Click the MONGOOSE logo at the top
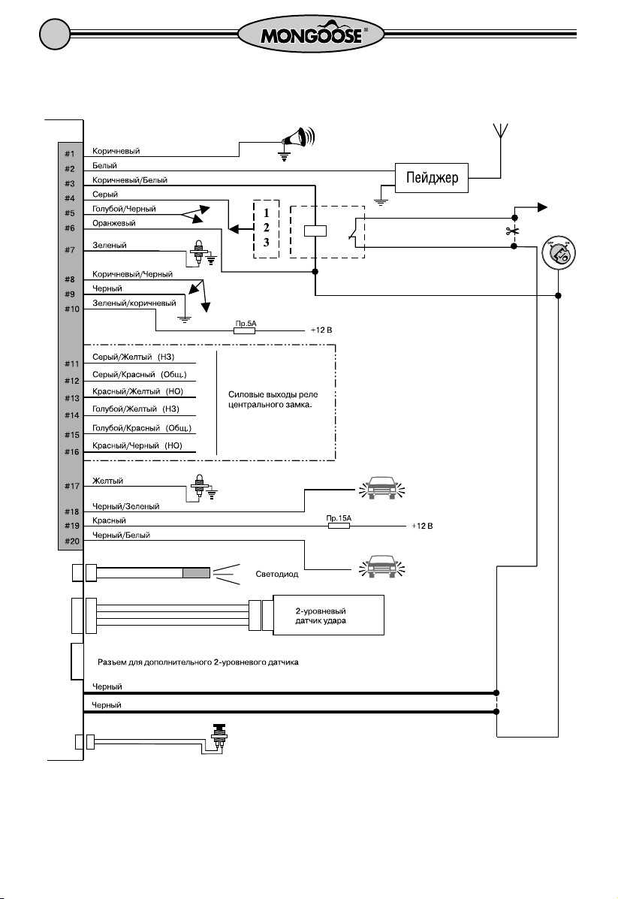pos(312,35)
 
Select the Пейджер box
pos(432,178)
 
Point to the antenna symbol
pos(500,131)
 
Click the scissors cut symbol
pos(512,231)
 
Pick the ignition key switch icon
pos(559,253)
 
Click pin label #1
pos(69,154)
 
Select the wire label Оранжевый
pos(114,223)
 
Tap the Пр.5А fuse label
pos(246,324)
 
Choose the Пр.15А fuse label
pos(338,518)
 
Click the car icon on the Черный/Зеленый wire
pos(381,488)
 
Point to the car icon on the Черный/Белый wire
pos(381,566)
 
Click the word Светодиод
pos(277,574)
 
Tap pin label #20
pos(71,541)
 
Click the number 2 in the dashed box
pos(266,228)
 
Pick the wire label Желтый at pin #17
pos(108,481)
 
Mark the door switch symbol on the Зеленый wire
pos(200,252)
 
